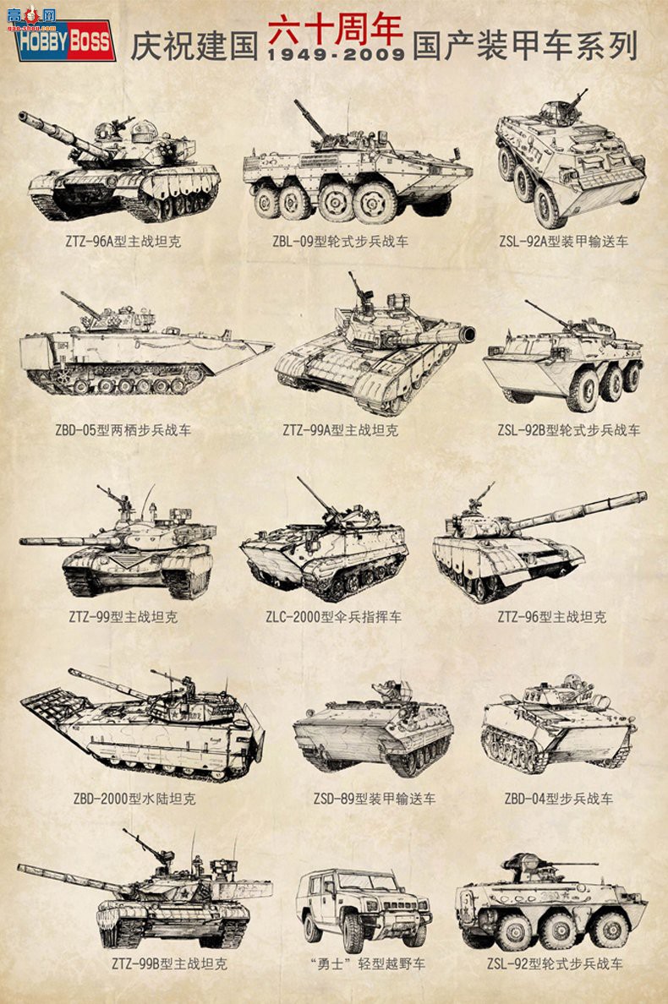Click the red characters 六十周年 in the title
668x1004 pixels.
pos(336,30)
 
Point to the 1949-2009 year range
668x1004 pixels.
pos(335,55)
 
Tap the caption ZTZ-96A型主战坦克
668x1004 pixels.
pos(123,242)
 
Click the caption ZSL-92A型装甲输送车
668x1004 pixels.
pos(563,242)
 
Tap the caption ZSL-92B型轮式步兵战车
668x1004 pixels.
pos(568,430)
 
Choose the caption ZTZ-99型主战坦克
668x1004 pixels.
pos(123,617)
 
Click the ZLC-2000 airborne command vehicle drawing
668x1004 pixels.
pos(326,545)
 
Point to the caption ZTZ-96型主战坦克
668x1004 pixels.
pos(551,617)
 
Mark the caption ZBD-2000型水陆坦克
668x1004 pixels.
pos(134,799)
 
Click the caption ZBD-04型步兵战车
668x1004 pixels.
pos(558,799)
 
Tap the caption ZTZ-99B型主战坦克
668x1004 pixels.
pos(169,963)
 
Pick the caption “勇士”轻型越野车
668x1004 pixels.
pos(367,963)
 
